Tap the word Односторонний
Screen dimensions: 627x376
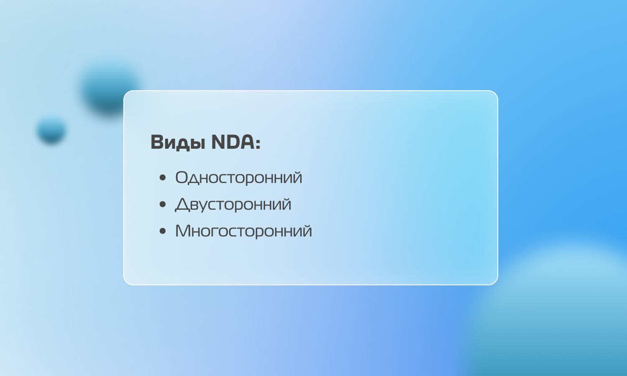[x=239, y=178]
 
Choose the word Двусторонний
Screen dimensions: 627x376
[x=233, y=204]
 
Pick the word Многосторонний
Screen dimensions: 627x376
[x=243, y=231]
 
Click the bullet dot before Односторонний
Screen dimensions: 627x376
[x=163, y=178]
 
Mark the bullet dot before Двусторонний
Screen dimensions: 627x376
[x=163, y=204]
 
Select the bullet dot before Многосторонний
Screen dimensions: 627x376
[x=163, y=231]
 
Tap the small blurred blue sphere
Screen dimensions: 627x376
[x=51, y=130]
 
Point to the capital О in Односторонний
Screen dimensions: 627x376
[x=182, y=177]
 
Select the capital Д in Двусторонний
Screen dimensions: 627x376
[x=183, y=205]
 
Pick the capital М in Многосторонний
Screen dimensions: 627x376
[x=184, y=231]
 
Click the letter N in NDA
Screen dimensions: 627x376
[x=219, y=142]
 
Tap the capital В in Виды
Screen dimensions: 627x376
[x=157, y=142]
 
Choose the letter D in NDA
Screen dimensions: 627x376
[x=233, y=142]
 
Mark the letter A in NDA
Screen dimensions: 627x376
[x=247, y=142]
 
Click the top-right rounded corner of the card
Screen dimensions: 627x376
[x=495, y=93]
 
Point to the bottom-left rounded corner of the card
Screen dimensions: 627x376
[x=126, y=282]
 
